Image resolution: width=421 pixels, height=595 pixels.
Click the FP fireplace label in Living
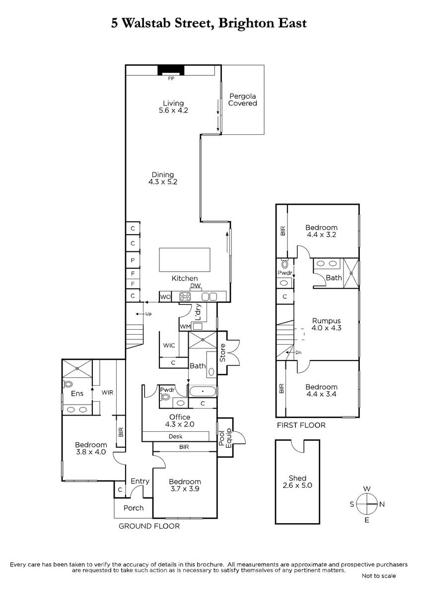[x=171, y=79]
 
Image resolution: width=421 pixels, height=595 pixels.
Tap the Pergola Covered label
[x=243, y=100]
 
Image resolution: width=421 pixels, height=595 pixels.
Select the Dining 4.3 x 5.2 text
[x=163, y=178]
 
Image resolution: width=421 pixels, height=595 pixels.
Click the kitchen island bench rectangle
[x=185, y=260]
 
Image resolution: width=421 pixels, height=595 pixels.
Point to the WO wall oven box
[x=165, y=297]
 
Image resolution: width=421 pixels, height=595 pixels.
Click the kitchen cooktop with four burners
[x=185, y=297]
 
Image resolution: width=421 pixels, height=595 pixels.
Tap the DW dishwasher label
[x=196, y=286]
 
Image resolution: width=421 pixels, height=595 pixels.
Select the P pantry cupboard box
[x=133, y=260]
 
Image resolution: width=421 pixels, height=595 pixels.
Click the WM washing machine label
[x=185, y=326]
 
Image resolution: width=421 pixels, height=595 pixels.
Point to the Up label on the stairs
[x=148, y=314]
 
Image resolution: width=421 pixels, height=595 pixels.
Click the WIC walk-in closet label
[x=169, y=345]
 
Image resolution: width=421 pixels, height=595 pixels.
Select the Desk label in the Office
[x=176, y=436]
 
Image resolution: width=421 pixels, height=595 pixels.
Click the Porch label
[x=134, y=508]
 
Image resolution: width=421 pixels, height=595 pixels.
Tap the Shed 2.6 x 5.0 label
[x=297, y=481]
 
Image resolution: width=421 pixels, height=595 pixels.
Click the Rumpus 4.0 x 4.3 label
[x=326, y=324]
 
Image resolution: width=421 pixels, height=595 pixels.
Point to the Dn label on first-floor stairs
[x=298, y=353]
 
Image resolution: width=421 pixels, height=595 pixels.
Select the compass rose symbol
[x=367, y=504]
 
